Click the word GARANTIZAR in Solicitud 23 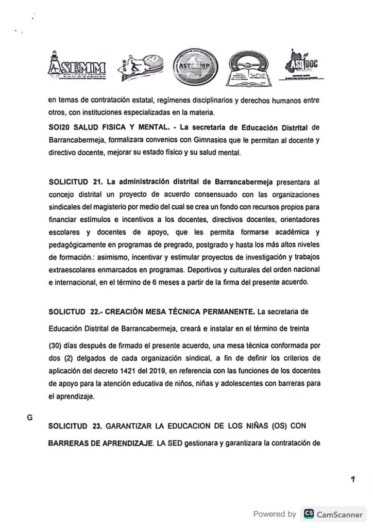tap(134, 426)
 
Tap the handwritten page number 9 tap(353, 479)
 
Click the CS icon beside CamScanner tap(309, 514)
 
